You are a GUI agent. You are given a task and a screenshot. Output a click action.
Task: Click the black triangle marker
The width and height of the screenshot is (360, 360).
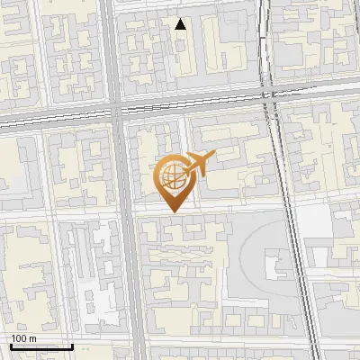coord(181,25)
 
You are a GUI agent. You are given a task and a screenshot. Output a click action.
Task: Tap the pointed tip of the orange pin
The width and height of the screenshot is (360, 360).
coord(172,211)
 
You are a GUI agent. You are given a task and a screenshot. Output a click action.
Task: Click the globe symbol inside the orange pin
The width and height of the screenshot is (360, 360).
coord(172,176)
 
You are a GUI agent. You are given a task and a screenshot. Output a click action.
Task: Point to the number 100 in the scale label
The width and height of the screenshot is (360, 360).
coord(19,338)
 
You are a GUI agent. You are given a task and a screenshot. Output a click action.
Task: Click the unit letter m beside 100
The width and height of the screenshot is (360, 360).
coord(32,338)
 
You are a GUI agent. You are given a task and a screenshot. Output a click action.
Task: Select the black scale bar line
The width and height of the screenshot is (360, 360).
coord(40,346)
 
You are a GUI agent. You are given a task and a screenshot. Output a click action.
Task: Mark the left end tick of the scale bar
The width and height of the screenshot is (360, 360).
coord(10,345)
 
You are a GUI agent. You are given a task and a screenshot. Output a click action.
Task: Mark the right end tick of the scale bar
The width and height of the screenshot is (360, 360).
coord(72,345)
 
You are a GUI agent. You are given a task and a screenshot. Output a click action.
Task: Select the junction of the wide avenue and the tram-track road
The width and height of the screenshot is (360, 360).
coord(120,113)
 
